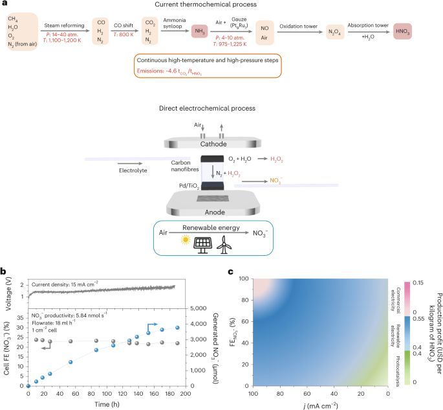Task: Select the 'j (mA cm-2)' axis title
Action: [x=325, y=404]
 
